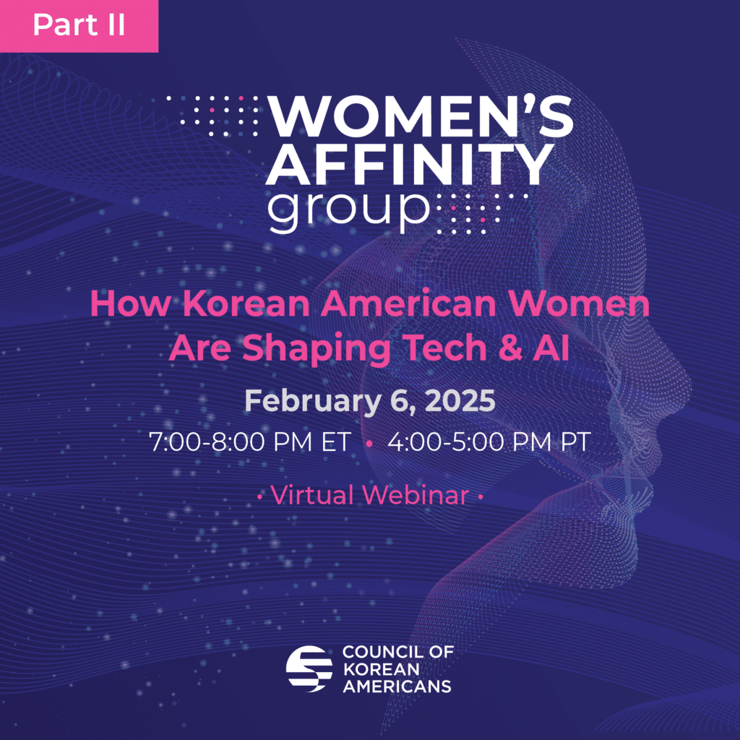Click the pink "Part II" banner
(79, 26)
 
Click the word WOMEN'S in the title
(421, 115)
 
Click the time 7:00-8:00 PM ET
(250, 442)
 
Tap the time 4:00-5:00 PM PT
(489, 442)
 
